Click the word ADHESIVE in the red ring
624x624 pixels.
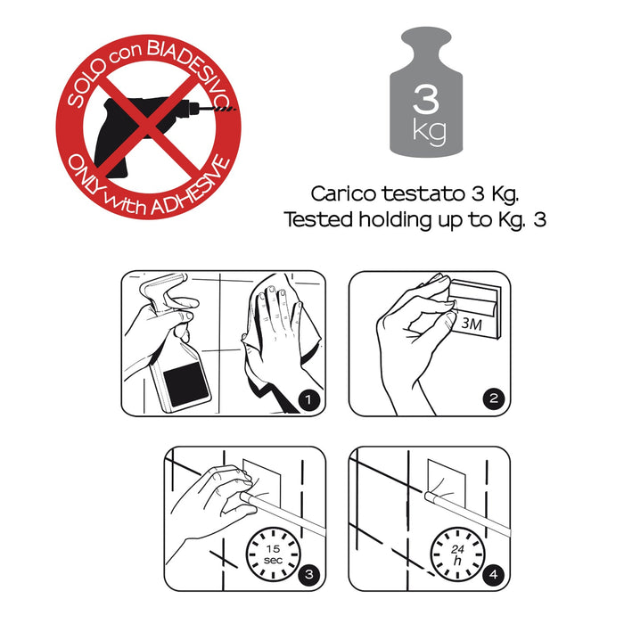point(192,188)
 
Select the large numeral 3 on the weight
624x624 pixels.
point(426,99)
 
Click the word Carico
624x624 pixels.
point(343,193)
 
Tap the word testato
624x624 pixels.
point(423,193)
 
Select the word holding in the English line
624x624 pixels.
point(395,220)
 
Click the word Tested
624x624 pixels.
point(318,219)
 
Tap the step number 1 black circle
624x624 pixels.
point(308,399)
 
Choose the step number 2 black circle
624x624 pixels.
point(494,398)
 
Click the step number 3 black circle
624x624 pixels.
point(308,575)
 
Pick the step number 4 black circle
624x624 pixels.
point(494,575)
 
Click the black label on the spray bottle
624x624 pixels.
point(186,384)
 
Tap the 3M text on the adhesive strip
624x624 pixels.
point(472,324)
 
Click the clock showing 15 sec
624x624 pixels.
point(273,554)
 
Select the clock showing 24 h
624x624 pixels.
point(457,554)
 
